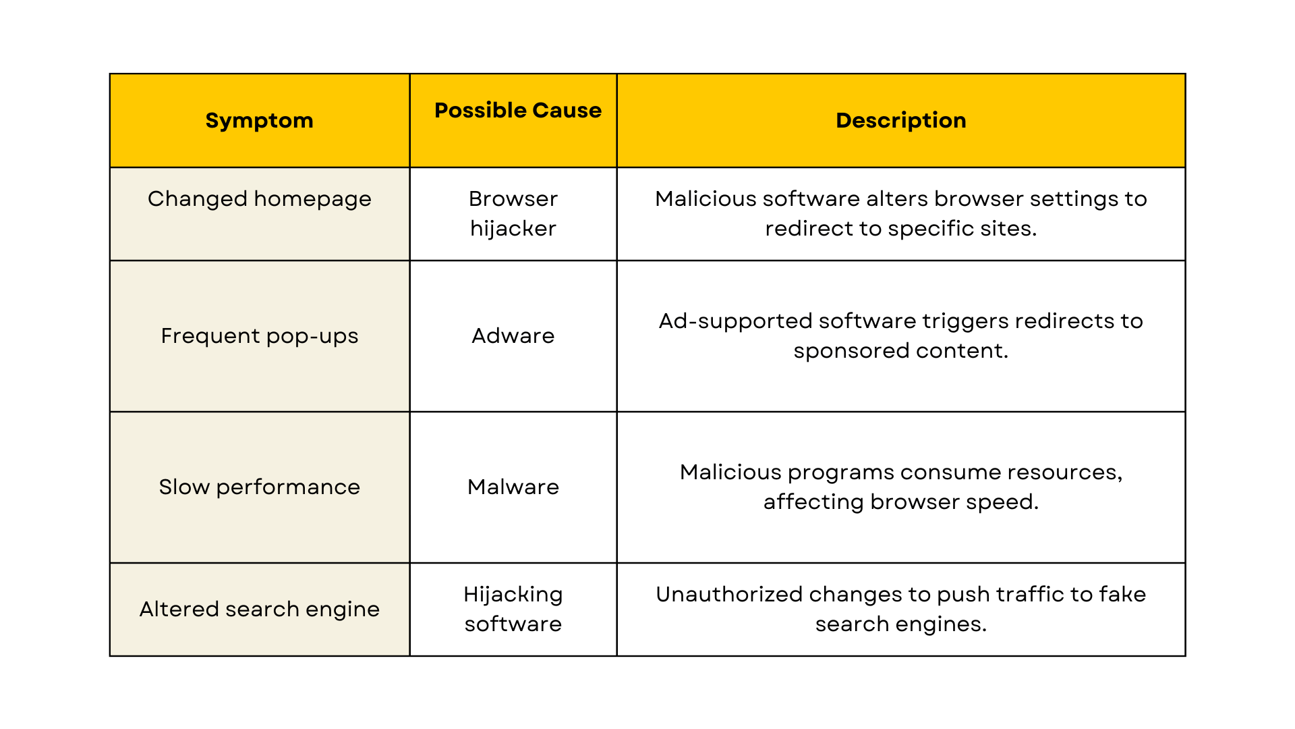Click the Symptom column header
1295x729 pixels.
[259, 121]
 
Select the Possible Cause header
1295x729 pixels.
[518, 110]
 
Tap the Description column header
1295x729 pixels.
[900, 120]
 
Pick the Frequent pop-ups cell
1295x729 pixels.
[259, 336]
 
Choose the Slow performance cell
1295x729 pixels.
[259, 487]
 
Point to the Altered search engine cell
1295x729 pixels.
[259, 609]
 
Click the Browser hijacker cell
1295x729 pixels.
[513, 213]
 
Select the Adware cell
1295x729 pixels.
[513, 335]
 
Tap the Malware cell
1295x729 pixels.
[513, 487]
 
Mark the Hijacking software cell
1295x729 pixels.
[513, 609]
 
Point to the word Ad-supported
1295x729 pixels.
[735, 322]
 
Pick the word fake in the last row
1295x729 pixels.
[1122, 594]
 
